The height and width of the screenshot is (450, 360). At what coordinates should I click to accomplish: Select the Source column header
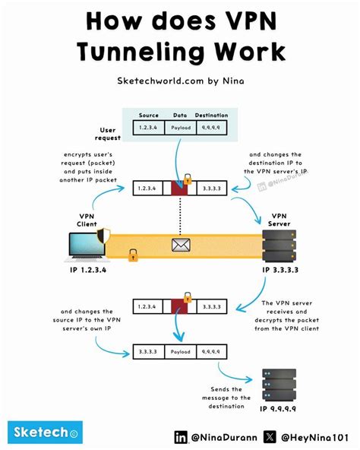pyautogui.click(x=150, y=116)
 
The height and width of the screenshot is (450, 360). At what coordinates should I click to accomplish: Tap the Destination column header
pyautogui.click(x=212, y=116)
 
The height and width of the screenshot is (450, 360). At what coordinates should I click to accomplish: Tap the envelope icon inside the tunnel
pyautogui.click(x=182, y=245)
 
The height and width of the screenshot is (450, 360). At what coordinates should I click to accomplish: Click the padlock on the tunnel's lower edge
pyautogui.click(x=134, y=258)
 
